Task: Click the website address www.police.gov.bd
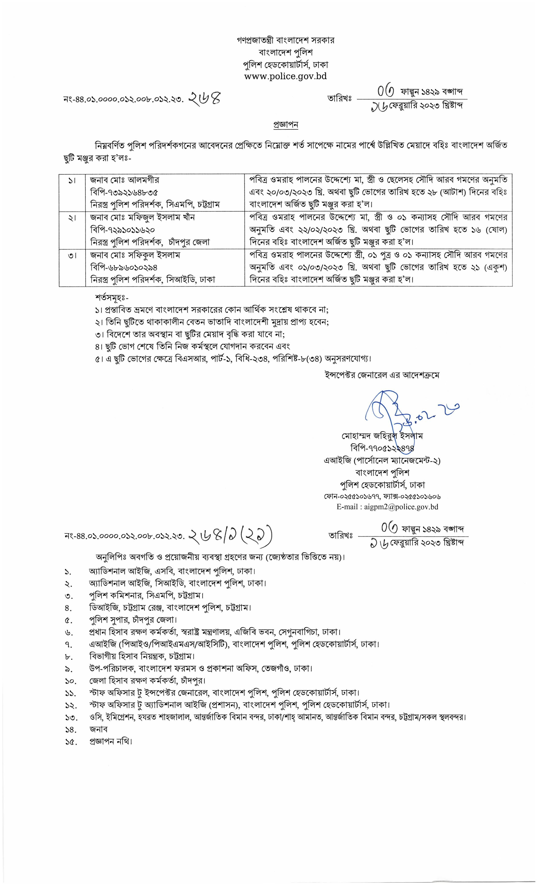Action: click(x=285, y=76)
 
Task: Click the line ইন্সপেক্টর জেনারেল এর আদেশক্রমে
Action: click(x=381, y=375)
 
